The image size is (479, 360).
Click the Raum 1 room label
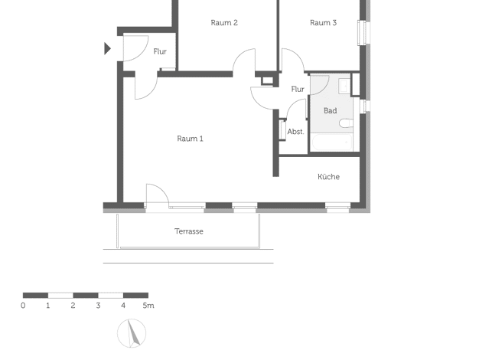pyautogui.click(x=190, y=139)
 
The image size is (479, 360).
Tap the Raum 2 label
pyautogui.click(x=224, y=23)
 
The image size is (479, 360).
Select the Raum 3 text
pyautogui.click(x=323, y=23)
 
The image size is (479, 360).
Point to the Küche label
pyautogui.click(x=329, y=176)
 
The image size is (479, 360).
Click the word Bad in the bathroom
pyautogui.click(x=331, y=110)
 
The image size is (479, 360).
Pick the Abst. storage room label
pyautogui.click(x=295, y=132)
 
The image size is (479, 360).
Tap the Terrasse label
pyautogui.click(x=189, y=231)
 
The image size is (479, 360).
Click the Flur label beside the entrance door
pyautogui.click(x=160, y=51)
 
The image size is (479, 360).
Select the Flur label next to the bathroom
pyautogui.click(x=298, y=89)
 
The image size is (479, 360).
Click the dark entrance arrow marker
pyautogui.click(x=107, y=48)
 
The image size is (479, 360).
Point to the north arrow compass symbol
pyautogui.click(x=132, y=333)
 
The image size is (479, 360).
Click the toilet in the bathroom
pyautogui.click(x=346, y=123)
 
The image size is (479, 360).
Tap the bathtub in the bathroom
pyautogui.click(x=331, y=142)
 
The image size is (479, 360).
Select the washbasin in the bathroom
pyautogui.click(x=344, y=86)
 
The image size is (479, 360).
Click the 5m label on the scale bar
pyautogui.click(x=148, y=306)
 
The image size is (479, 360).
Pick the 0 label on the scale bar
pyautogui.click(x=23, y=306)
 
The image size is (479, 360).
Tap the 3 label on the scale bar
pyautogui.click(x=98, y=306)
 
